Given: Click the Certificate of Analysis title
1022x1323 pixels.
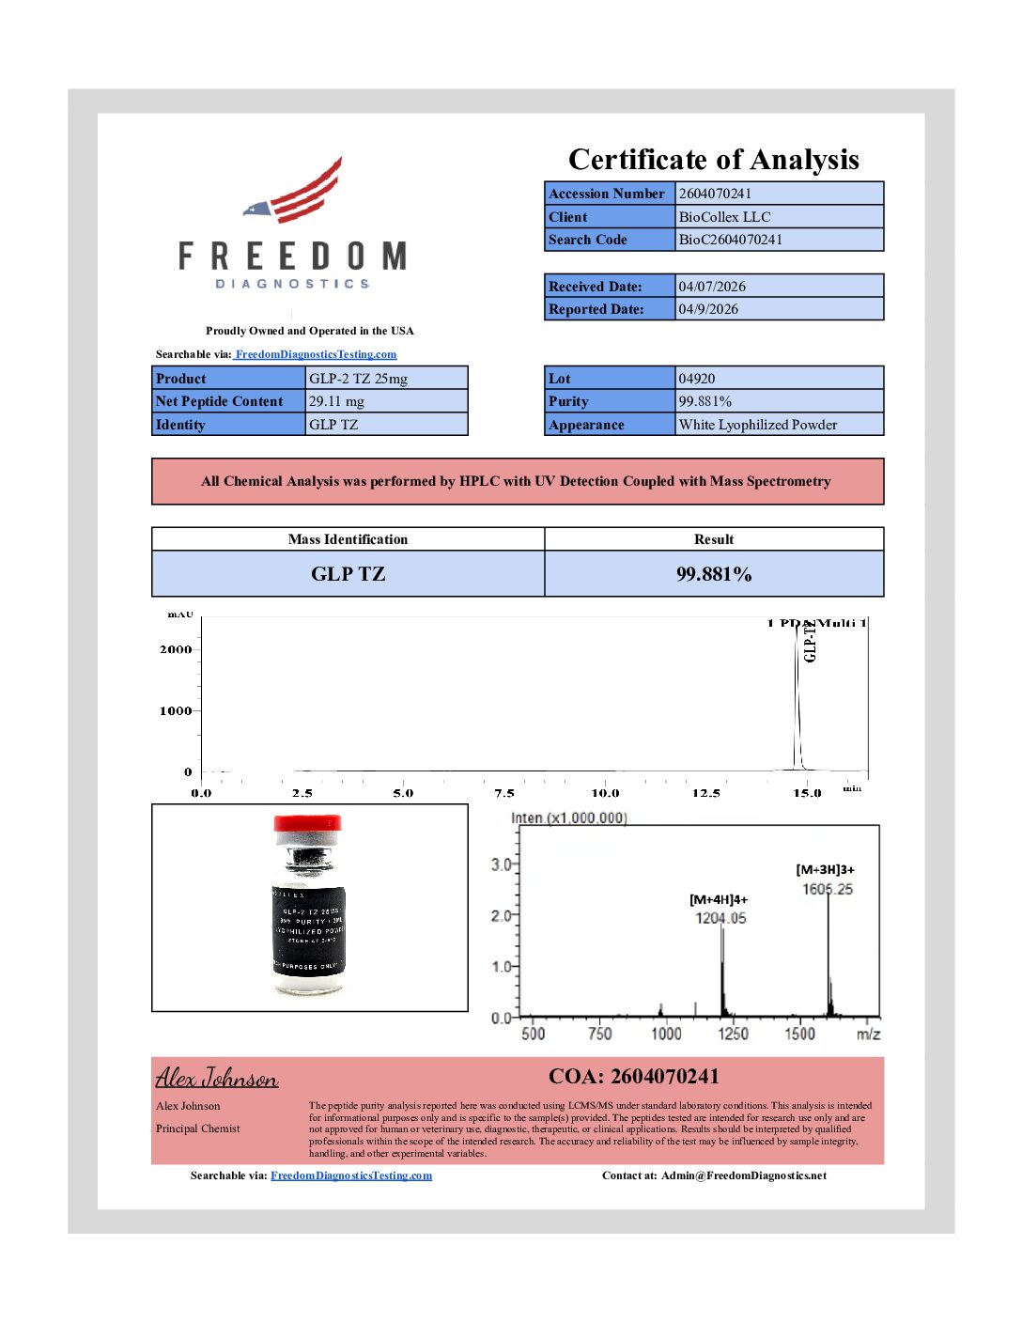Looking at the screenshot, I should (x=713, y=160).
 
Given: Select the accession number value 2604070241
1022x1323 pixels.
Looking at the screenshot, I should (x=715, y=194).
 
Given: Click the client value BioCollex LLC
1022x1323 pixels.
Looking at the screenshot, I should (x=724, y=216).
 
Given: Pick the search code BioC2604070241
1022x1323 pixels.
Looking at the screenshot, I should (x=730, y=240).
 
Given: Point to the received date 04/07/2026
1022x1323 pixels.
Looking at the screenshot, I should (x=712, y=287).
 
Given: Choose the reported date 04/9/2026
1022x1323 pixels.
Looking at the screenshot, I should (x=708, y=309).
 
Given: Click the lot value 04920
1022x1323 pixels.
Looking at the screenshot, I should (x=697, y=379).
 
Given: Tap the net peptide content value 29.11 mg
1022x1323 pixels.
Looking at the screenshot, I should (x=336, y=401).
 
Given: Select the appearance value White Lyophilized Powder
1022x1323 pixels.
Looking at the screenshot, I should (x=757, y=425).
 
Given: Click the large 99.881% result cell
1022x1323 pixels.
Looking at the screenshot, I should (x=714, y=574).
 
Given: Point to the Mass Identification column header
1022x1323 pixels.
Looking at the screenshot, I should (x=348, y=539).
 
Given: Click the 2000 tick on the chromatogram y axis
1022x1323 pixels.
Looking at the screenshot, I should (x=176, y=649).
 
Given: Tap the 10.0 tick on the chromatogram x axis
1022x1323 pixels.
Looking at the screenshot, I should (x=605, y=793).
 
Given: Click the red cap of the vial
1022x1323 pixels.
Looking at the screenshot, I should (x=307, y=824).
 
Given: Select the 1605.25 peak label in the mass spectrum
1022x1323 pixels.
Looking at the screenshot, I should (x=827, y=889).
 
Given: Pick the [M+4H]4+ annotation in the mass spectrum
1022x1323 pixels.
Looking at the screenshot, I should (x=719, y=899).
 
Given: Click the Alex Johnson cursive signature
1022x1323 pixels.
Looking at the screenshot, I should (x=217, y=1078).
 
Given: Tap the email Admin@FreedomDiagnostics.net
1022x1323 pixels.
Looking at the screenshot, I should (x=743, y=1175).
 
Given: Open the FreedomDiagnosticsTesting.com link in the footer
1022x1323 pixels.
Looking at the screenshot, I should (x=351, y=1175).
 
